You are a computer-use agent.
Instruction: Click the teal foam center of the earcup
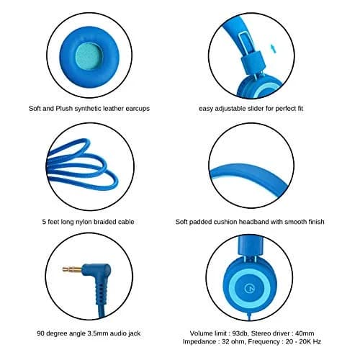tap(89, 57)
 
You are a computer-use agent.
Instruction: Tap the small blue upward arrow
tap(274, 49)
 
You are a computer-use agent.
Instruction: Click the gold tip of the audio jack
tap(73, 269)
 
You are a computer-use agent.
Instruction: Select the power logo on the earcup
tap(249, 288)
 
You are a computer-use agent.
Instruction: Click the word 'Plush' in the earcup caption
tap(64, 109)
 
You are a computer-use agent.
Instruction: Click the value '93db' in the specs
tap(239, 333)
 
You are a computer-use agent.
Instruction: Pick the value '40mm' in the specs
tap(305, 333)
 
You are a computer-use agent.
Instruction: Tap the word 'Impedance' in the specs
tap(199, 341)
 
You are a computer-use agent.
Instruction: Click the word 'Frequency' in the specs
tap(264, 341)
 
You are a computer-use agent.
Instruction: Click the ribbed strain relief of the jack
tap(101, 294)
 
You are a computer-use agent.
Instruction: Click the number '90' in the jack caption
tap(40, 333)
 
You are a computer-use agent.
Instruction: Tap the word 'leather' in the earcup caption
tap(113, 109)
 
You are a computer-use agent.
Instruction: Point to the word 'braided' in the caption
tap(104, 222)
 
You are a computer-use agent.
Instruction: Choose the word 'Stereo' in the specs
tap(261, 333)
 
